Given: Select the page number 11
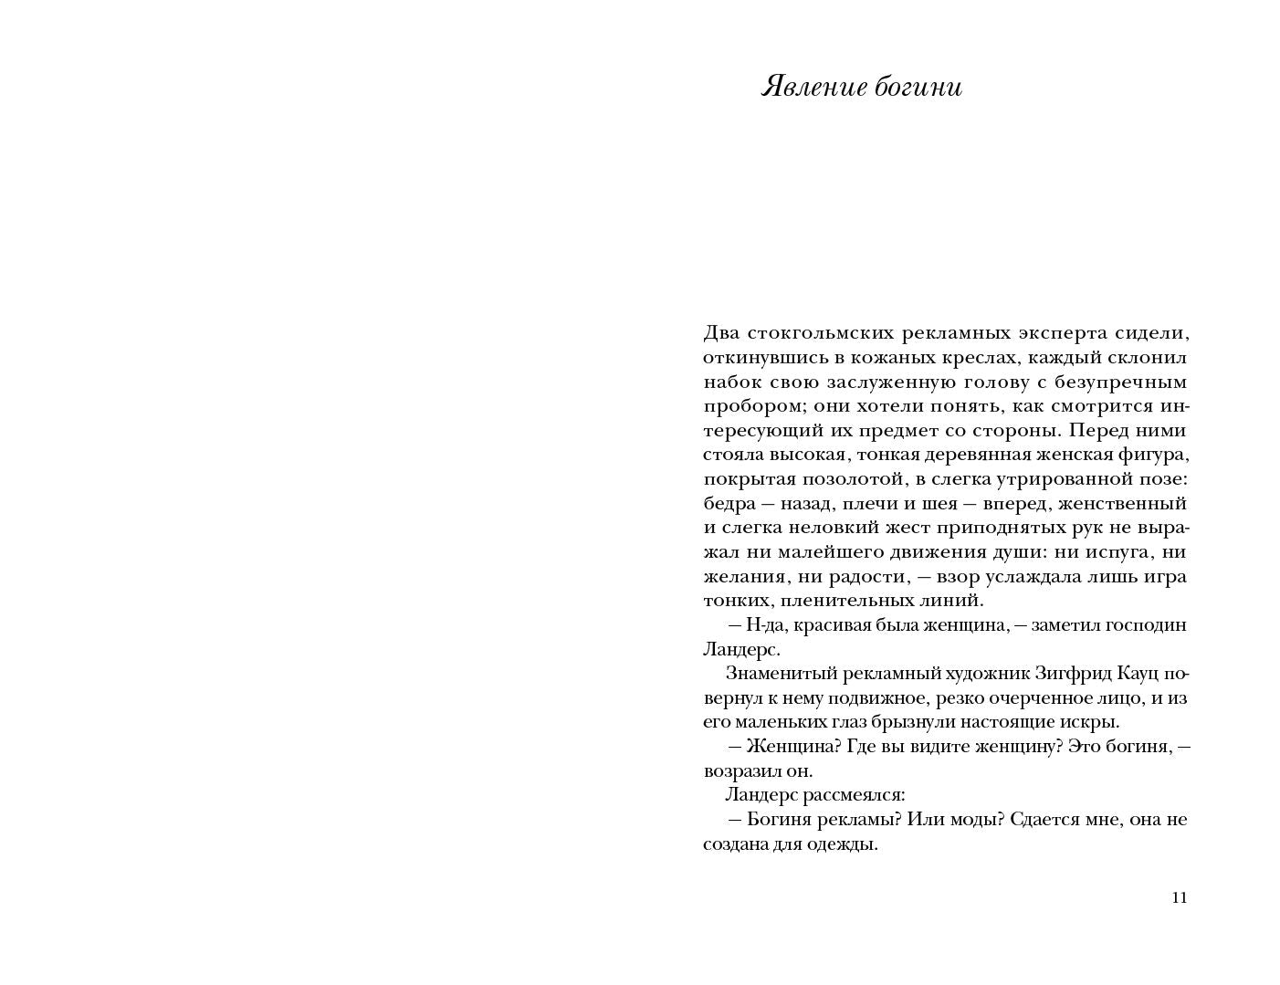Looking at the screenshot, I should tap(1179, 897).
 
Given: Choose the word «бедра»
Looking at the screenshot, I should tap(729, 503).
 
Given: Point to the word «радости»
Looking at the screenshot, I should tap(876, 576).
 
